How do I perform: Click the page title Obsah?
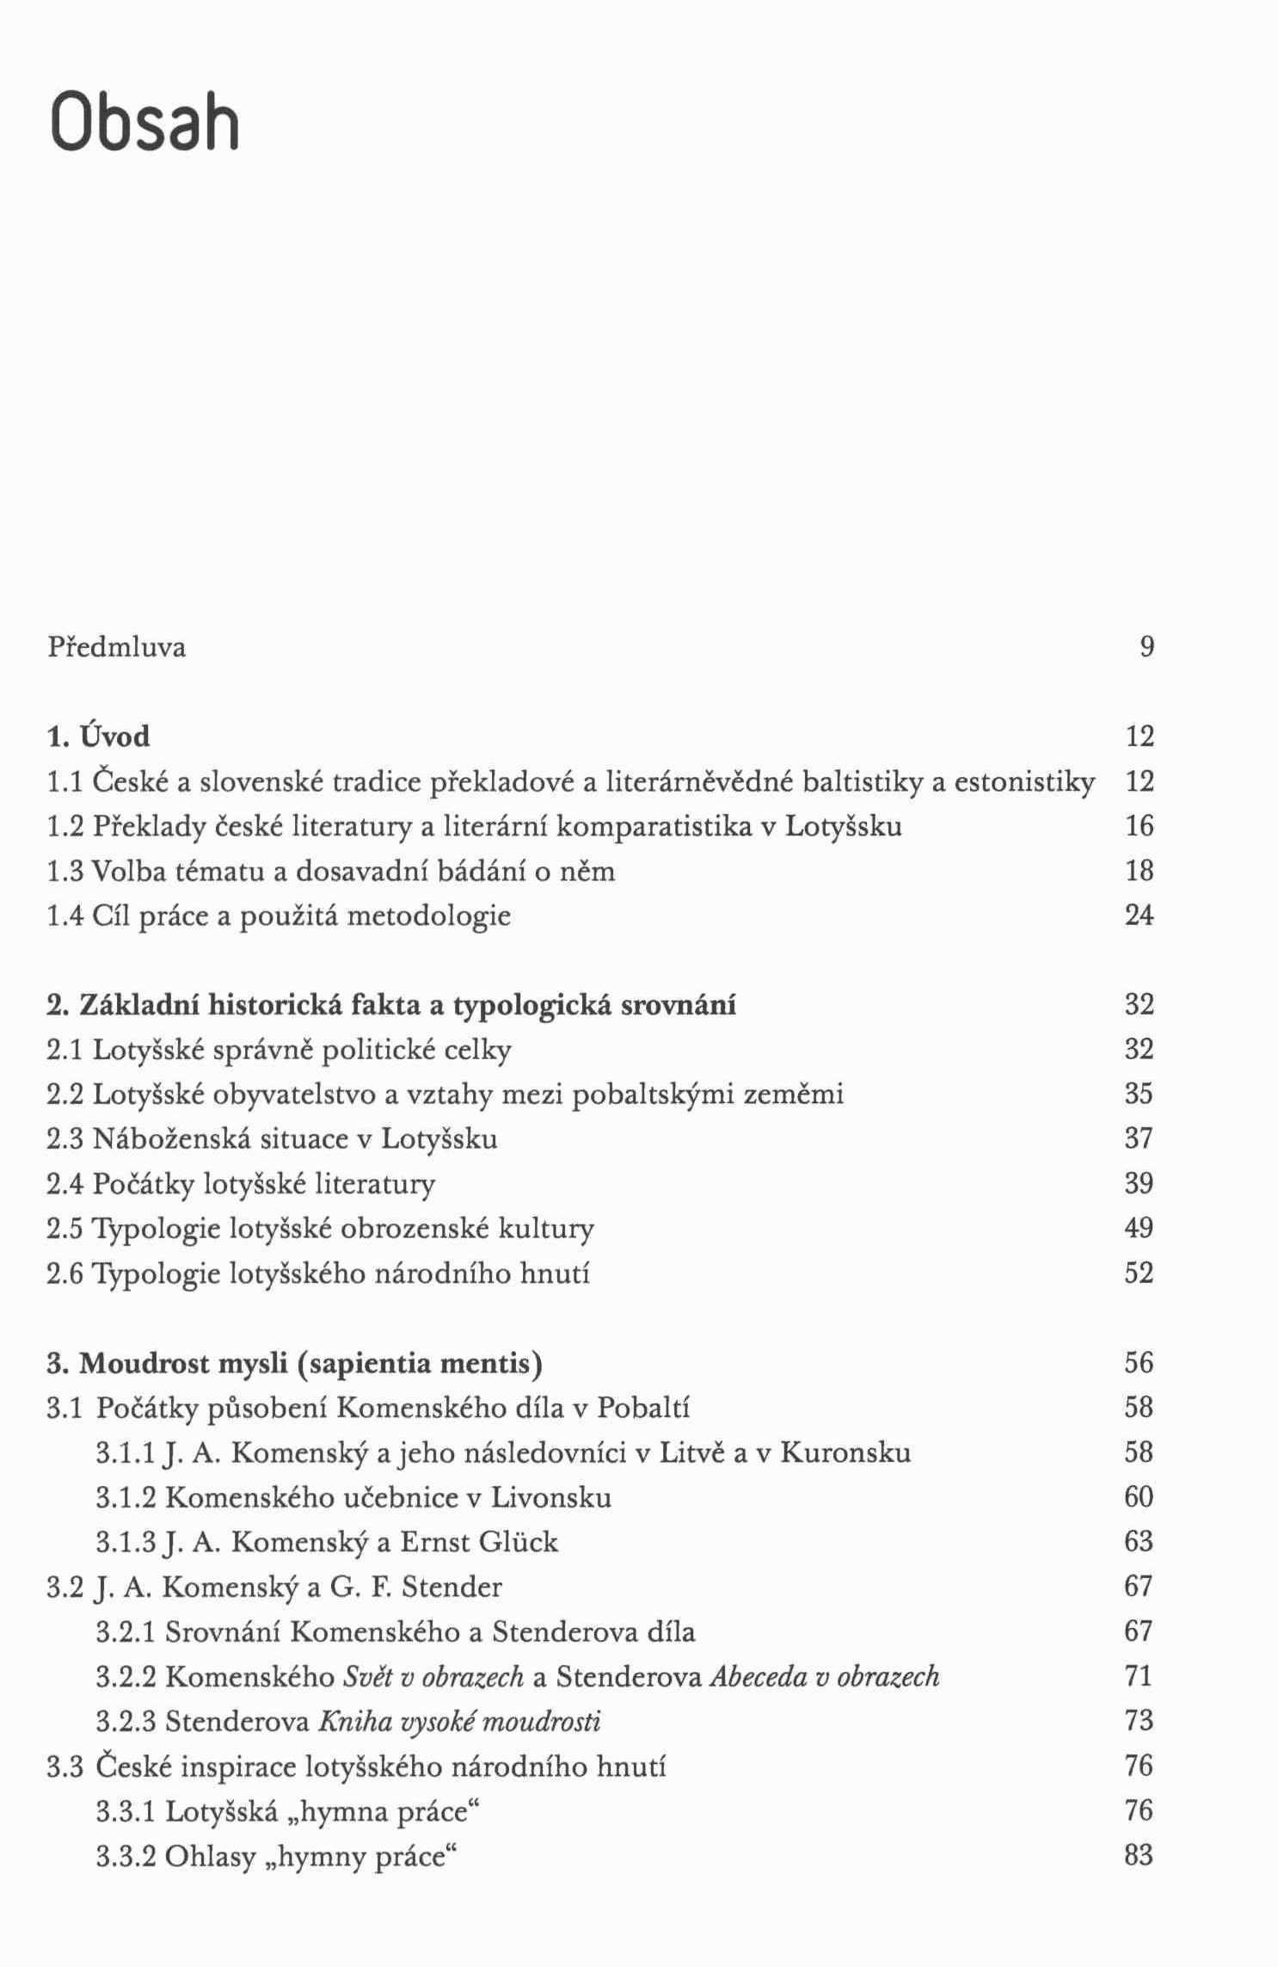tap(144, 122)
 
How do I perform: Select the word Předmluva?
tap(116, 647)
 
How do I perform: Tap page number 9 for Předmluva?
tap(1146, 646)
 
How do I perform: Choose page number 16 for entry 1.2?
tap(1139, 826)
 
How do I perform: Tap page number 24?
tap(1139, 915)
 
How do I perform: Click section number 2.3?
tap(66, 1139)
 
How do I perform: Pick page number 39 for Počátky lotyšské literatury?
tap(1139, 1183)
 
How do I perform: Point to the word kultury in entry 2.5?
tap(546, 1229)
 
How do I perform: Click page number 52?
tap(1139, 1273)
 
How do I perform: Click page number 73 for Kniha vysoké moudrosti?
tap(1139, 1720)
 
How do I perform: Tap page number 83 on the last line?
tap(1139, 1854)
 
